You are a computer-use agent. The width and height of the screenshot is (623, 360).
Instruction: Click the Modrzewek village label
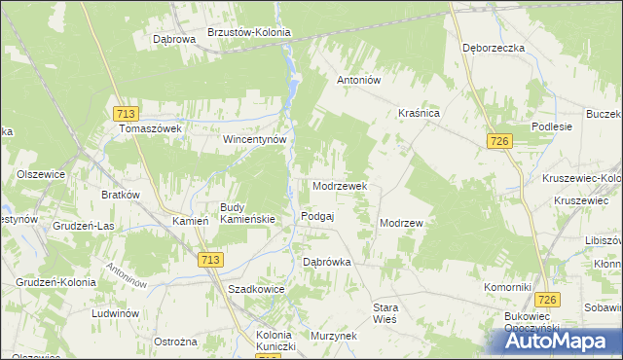tap(339, 186)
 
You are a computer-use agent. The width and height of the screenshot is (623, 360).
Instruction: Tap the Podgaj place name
tap(318, 216)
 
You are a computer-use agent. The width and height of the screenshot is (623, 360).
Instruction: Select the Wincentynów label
tap(255, 139)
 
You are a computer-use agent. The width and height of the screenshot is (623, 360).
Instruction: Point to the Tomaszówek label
tap(151, 128)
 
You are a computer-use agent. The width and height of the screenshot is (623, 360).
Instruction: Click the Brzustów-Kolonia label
tap(250, 31)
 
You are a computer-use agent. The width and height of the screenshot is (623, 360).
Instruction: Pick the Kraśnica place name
tap(420, 114)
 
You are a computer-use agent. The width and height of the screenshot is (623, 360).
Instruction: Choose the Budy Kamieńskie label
tap(247, 213)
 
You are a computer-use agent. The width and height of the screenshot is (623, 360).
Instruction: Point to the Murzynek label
tap(333, 335)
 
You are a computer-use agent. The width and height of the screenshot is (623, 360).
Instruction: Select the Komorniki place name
tap(507, 288)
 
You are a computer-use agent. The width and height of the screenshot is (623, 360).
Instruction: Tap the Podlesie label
tap(552, 127)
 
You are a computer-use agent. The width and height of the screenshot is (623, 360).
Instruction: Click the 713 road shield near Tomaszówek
tap(124, 113)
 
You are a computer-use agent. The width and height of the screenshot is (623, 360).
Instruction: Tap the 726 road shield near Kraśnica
tap(500, 142)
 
